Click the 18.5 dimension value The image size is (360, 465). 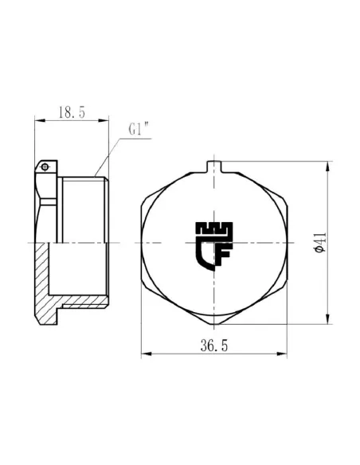click(x=71, y=113)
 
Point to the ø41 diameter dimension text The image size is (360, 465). click(x=319, y=243)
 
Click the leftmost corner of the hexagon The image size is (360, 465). click(x=142, y=243)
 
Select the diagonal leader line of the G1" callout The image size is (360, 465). click(x=107, y=154)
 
